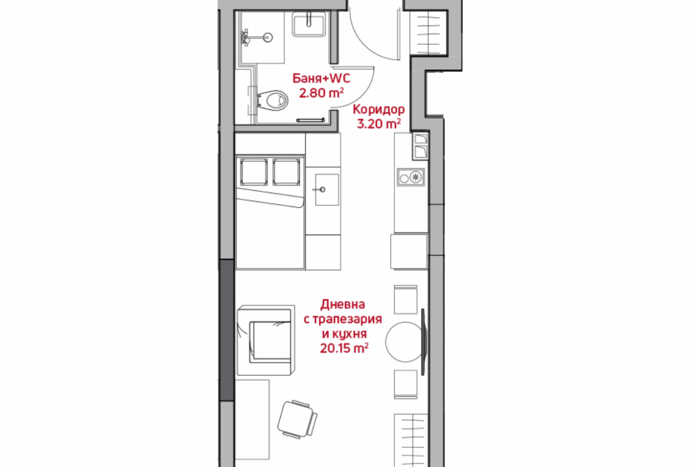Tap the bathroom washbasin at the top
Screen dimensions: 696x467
309,24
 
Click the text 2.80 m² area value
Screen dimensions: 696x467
321,93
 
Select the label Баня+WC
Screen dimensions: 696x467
321,79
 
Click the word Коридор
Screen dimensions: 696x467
378,109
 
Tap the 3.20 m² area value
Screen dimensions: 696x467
379,123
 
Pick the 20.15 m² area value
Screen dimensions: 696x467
344,348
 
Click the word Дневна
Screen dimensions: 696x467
343,305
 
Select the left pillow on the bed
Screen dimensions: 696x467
254,172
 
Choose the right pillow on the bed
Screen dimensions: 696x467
286,172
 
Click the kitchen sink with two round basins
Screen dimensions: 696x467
410,177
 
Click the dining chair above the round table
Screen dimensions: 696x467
406,300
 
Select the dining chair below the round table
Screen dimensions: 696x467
406,384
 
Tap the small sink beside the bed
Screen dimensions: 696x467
326,190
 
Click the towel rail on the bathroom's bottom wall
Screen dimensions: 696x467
311,120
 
